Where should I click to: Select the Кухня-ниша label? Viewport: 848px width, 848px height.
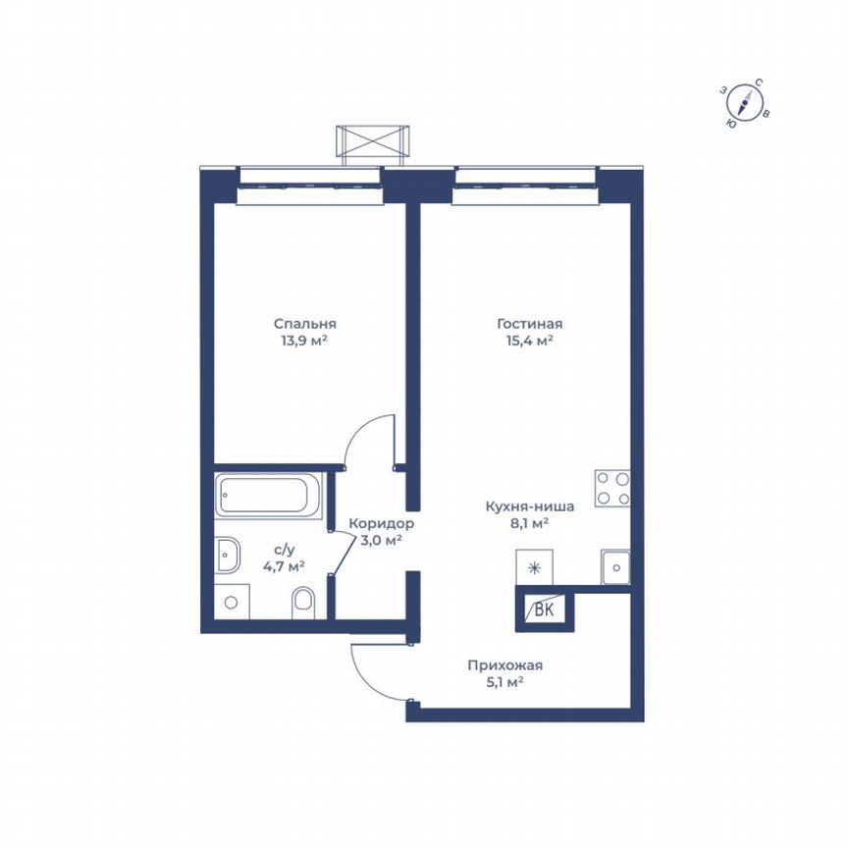(529, 506)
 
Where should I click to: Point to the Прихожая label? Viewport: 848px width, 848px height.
(505, 665)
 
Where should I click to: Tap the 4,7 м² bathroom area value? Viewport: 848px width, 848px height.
(284, 565)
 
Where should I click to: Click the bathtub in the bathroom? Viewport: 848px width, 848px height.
(269, 496)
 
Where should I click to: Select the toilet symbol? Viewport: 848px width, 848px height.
(303, 601)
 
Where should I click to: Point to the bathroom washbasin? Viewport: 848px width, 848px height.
(228, 555)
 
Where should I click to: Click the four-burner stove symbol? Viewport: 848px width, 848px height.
(611, 489)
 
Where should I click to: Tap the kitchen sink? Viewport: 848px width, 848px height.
(614, 566)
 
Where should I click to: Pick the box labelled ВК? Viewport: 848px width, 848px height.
(543, 609)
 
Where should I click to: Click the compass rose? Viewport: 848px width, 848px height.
(748, 102)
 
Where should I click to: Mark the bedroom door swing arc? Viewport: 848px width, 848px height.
(365, 432)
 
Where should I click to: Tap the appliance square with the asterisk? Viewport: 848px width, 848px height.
(535, 567)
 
